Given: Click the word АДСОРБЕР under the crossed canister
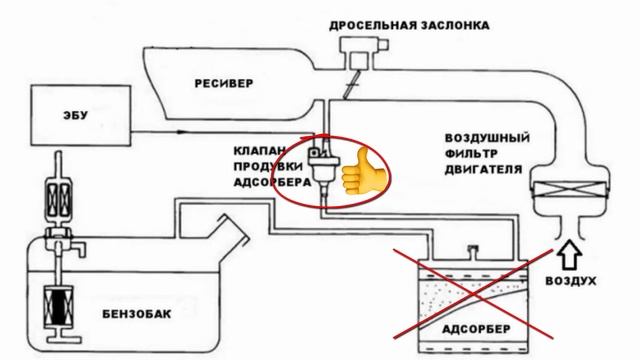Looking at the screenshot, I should coord(468,327).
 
